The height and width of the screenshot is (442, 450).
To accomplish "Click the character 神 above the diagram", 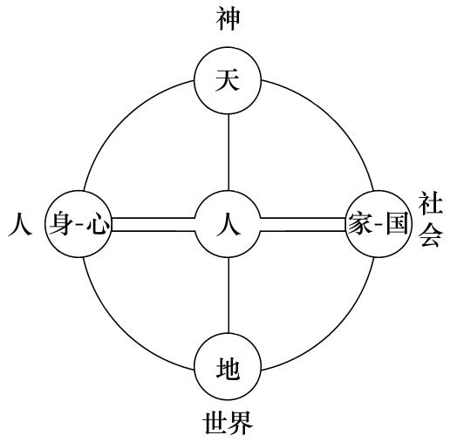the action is (x=228, y=19).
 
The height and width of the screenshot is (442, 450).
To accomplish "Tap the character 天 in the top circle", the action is (x=228, y=79).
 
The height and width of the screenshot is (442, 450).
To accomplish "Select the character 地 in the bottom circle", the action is (x=228, y=369).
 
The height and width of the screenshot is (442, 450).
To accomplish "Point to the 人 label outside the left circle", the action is (x=20, y=224).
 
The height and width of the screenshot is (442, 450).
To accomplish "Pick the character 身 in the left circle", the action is (x=60, y=224).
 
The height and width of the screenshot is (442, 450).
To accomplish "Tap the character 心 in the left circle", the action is (x=99, y=224).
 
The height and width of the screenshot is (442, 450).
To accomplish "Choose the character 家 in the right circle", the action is (x=360, y=223).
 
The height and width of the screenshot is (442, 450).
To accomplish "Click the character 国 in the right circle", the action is (x=397, y=223).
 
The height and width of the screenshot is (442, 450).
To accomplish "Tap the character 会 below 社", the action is (x=432, y=235).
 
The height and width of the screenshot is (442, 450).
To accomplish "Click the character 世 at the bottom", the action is (x=215, y=423).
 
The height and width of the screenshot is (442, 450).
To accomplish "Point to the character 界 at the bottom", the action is (x=241, y=423).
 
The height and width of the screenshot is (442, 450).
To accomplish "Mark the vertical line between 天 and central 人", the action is (x=228, y=152).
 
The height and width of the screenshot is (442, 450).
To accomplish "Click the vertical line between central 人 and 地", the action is (x=228, y=296).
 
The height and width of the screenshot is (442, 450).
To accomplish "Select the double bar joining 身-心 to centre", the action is (x=153, y=224).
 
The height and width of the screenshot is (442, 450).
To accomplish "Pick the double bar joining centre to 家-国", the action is (x=303, y=224).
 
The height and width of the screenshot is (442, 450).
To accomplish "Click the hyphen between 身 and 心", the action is (x=79, y=225).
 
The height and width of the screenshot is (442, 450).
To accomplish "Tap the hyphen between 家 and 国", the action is (x=379, y=224).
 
